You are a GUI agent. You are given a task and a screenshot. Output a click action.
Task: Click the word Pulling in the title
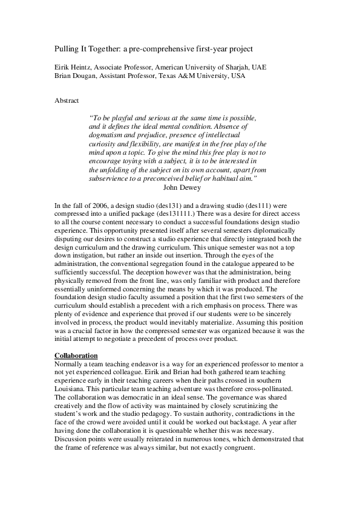(64, 47)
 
